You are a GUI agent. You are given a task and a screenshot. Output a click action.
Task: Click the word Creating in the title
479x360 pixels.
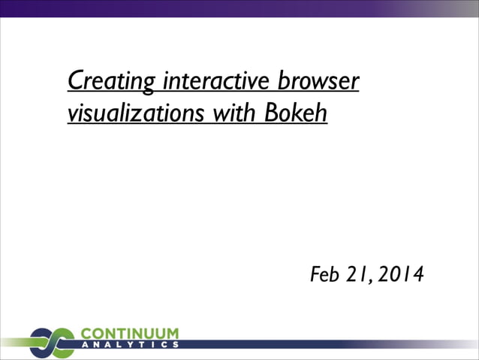point(112,80)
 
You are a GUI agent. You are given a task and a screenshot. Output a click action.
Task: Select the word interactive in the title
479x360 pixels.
point(217,80)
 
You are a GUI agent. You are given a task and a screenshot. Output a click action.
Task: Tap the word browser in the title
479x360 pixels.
point(318,80)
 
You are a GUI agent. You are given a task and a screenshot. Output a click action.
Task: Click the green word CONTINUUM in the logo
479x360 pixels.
point(129,333)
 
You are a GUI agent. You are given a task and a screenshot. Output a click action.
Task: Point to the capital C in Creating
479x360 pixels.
point(75,80)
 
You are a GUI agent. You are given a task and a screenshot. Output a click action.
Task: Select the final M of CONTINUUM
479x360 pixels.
point(172,333)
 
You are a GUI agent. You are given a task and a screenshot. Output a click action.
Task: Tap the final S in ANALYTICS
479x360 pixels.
point(175,345)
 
